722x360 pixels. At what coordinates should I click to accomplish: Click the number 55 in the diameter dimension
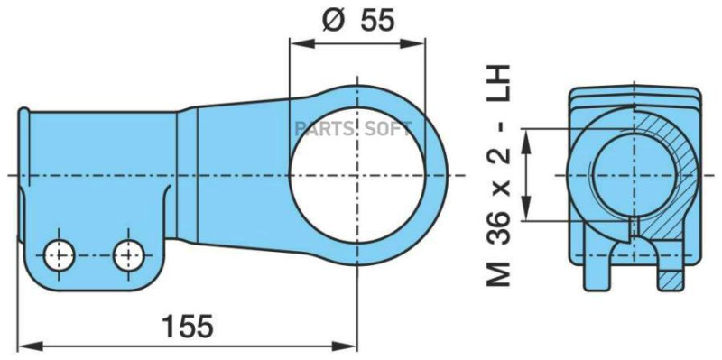(376, 20)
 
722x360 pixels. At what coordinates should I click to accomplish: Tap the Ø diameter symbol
(331, 20)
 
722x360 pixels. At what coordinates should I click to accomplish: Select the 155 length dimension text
(188, 325)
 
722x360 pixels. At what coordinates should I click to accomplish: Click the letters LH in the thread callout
(497, 83)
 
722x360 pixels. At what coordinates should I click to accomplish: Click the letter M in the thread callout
(497, 272)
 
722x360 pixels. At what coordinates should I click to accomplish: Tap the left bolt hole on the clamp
(60, 255)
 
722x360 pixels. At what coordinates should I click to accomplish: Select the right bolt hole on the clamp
(128, 255)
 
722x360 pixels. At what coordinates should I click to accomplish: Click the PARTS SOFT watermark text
(350, 128)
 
